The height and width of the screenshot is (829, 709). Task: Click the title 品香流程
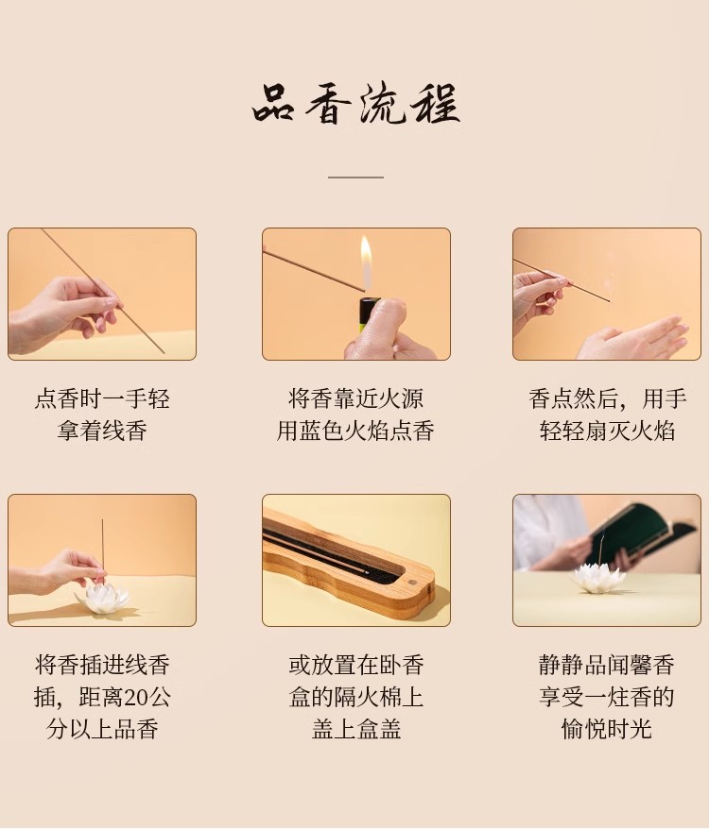[355, 106]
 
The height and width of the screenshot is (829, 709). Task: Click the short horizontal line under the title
[355, 178]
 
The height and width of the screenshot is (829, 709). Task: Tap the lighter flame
[366, 262]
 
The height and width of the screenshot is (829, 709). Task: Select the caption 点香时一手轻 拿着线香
[102, 414]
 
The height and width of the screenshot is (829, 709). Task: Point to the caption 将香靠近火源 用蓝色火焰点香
[355, 414]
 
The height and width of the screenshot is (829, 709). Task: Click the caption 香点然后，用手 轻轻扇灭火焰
[607, 414]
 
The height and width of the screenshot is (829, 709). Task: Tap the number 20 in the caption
[136, 698]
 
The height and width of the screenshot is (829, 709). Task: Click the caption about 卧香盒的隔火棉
[355, 697]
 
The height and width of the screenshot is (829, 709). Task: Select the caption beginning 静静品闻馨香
[607, 697]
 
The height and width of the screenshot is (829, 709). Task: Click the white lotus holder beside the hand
[102, 599]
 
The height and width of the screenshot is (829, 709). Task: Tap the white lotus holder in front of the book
[598, 579]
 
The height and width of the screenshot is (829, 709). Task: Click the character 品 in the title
[273, 106]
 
